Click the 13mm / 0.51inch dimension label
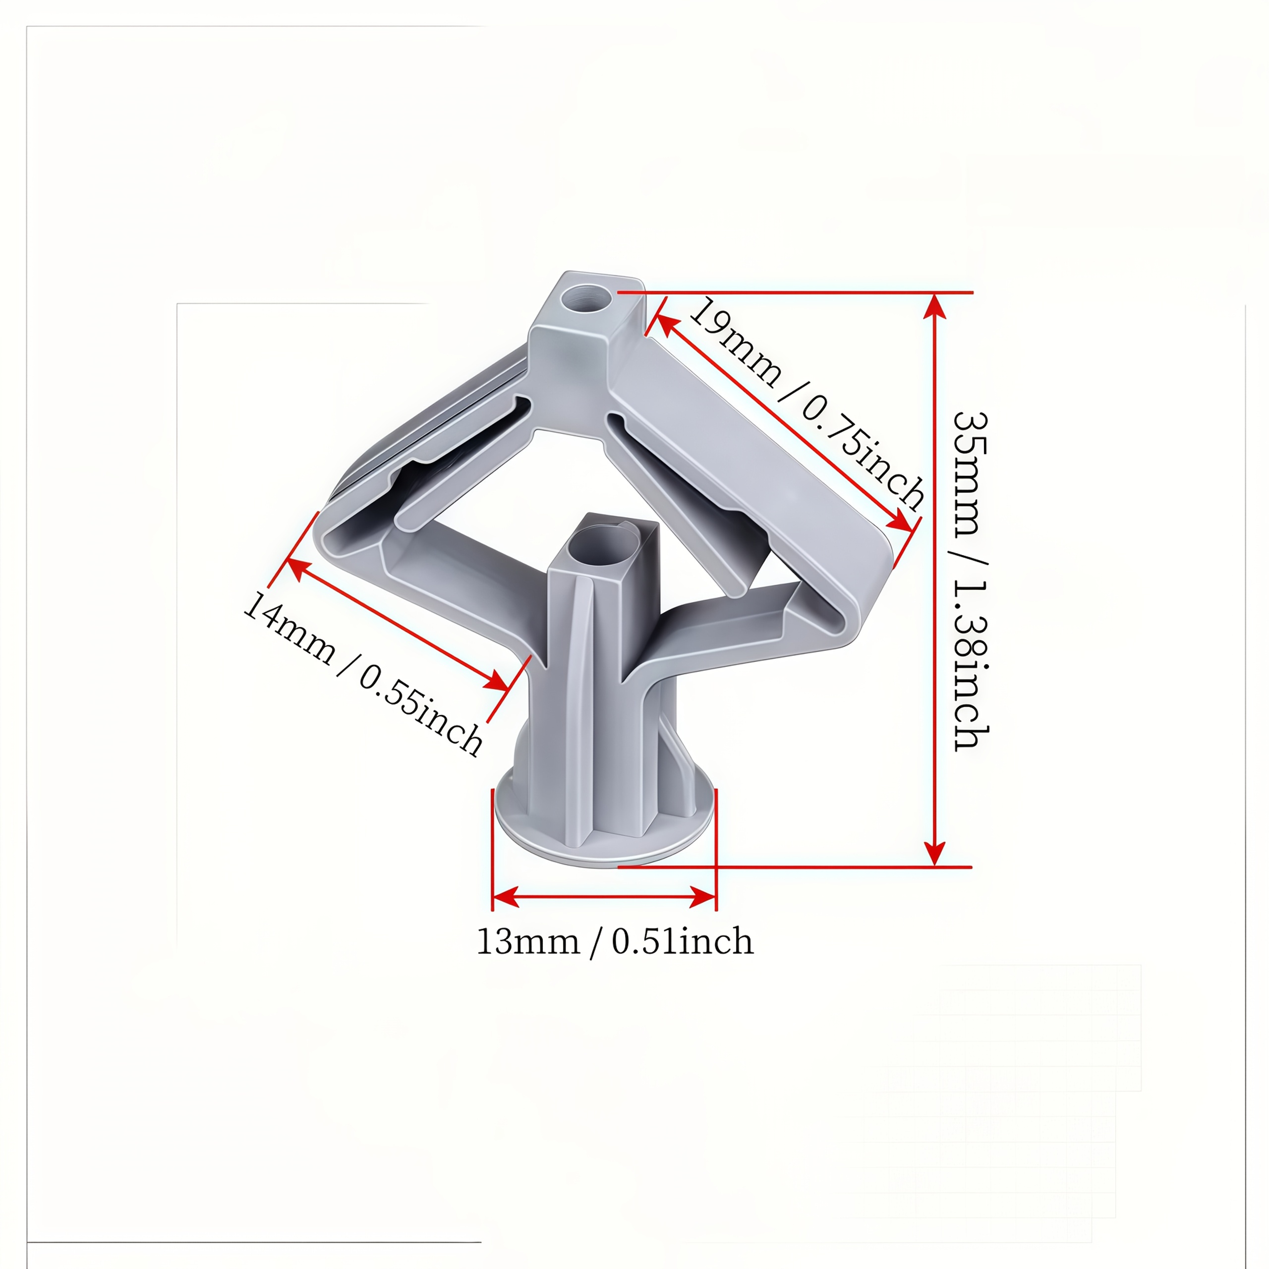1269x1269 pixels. [x=615, y=942]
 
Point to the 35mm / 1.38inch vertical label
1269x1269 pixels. [x=971, y=582]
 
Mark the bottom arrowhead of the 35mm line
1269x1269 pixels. [x=935, y=853]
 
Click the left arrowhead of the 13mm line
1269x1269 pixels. [x=506, y=897]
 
